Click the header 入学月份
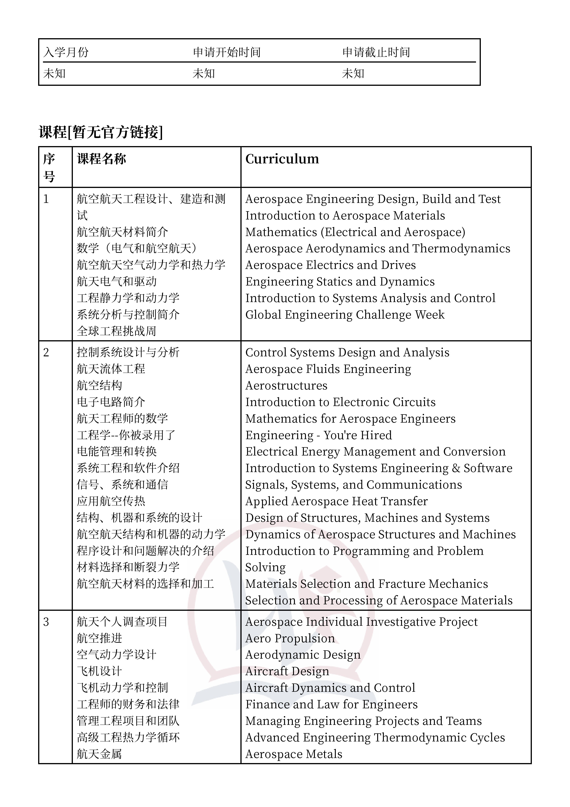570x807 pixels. click(66, 52)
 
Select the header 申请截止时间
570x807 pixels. click(376, 52)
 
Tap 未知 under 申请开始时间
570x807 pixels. click(204, 73)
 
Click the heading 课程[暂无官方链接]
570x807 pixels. click(101, 132)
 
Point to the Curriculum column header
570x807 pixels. click(282, 159)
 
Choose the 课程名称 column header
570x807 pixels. click(102, 159)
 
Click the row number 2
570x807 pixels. click(46, 352)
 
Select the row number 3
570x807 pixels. click(46, 622)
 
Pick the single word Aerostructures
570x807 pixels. click(286, 386)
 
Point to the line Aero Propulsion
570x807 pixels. click(290, 638)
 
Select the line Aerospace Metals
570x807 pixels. click(294, 754)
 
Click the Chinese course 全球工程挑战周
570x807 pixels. click(116, 331)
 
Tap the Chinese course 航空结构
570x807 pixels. click(99, 386)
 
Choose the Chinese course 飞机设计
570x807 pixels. click(99, 671)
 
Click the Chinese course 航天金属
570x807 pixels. click(99, 754)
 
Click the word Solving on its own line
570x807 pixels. click(265, 567)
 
